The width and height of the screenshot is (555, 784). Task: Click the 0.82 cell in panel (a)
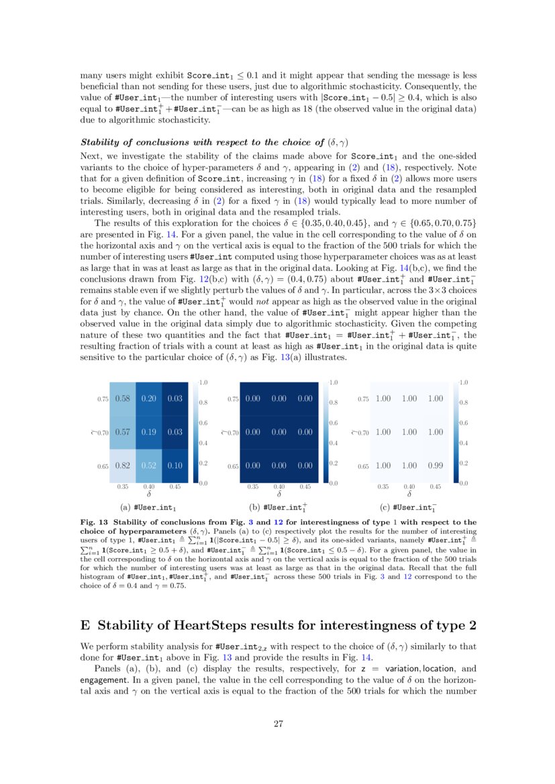pos(123,466)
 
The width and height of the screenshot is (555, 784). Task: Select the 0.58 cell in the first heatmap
pos(123,398)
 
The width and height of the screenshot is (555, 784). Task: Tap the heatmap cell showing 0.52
pos(149,466)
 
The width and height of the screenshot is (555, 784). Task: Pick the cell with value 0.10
pos(175,466)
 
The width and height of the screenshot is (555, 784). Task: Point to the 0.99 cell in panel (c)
pos(435,466)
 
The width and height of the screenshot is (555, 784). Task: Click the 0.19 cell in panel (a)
pos(149,433)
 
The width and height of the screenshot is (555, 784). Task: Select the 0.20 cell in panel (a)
pos(149,398)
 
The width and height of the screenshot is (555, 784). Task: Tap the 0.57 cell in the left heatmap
pos(123,433)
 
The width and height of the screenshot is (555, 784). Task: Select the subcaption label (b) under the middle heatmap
pos(254,507)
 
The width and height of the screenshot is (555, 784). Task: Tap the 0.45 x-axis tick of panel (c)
pos(435,487)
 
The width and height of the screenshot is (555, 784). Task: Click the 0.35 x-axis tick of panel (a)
pos(123,487)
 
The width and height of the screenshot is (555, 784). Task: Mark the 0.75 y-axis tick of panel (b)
pos(233,399)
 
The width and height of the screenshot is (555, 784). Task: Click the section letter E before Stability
pos(85,626)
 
